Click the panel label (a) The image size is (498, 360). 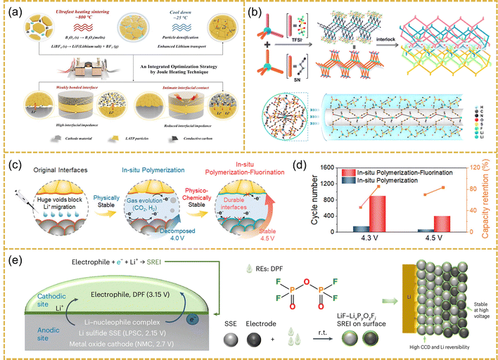point(14,11)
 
